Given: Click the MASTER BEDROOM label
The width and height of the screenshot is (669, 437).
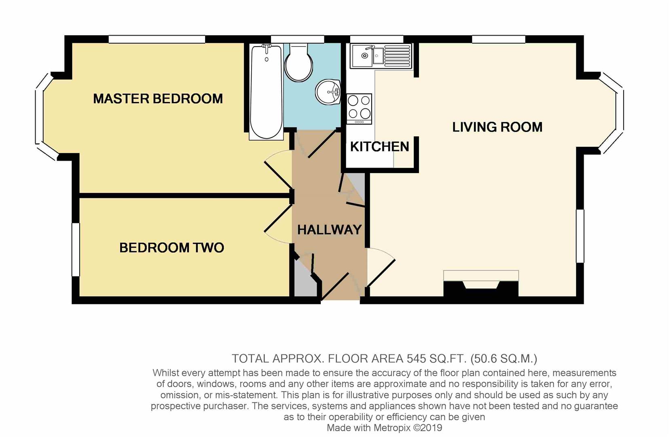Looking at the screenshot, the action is pyautogui.click(x=158, y=99).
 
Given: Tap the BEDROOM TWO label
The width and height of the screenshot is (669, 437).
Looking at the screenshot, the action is pyautogui.click(x=172, y=248).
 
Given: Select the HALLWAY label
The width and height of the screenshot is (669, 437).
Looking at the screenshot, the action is pyautogui.click(x=329, y=230).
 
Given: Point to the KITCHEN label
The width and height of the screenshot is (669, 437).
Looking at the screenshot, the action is pyautogui.click(x=379, y=146).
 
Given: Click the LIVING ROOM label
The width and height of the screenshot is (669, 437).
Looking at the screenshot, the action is pyautogui.click(x=497, y=127).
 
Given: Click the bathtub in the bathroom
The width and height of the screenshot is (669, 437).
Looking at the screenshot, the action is pyautogui.click(x=266, y=92).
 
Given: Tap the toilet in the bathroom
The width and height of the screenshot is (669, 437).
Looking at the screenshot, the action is pyautogui.click(x=299, y=62).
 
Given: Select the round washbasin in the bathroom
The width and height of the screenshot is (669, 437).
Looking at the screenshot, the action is pyautogui.click(x=328, y=92).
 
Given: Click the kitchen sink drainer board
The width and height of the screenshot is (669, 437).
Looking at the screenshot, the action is pyautogui.click(x=398, y=55).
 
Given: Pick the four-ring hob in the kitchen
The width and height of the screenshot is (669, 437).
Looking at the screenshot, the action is pyautogui.click(x=359, y=109).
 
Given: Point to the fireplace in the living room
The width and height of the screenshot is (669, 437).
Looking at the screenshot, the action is pyautogui.click(x=481, y=283).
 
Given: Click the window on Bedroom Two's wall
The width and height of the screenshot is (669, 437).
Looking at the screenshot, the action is pyautogui.click(x=76, y=249).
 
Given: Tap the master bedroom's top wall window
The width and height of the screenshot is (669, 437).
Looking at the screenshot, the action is pyautogui.click(x=157, y=39).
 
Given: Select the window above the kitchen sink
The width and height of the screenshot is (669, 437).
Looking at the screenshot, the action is pyautogui.click(x=377, y=39).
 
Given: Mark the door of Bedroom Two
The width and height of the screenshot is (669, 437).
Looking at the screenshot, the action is pyautogui.click(x=278, y=224).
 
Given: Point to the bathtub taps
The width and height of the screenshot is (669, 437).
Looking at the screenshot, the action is pyautogui.click(x=266, y=48).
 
